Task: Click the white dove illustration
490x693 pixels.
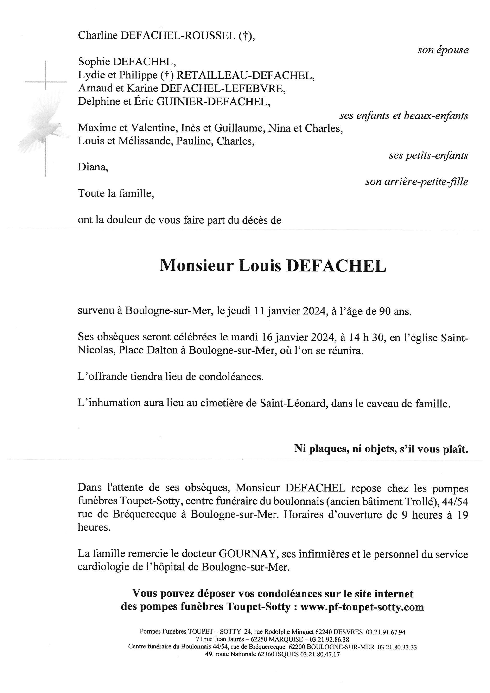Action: point(42,127)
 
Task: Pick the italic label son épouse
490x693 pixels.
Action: point(443,50)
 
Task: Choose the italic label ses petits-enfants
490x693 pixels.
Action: point(428,155)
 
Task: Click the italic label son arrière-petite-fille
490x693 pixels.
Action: point(416,182)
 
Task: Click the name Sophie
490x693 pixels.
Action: point(94,62)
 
